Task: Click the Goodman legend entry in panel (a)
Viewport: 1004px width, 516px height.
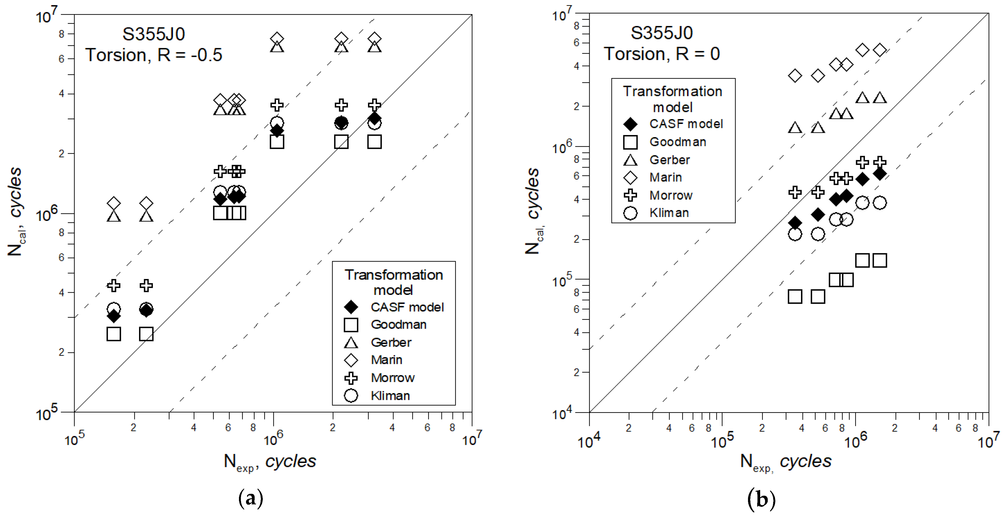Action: click(398, 325)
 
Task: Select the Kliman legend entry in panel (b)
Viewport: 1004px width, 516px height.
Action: click(669, 213)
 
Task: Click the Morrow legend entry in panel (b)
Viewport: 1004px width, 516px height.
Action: click(670, 195)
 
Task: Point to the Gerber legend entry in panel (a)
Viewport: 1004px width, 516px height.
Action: click(391, 343)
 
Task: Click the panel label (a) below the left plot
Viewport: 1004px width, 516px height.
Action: click(251, 498)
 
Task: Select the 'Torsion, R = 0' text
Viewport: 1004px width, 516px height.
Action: click(661, 54)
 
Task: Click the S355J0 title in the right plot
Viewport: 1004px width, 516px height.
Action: click(661, 33)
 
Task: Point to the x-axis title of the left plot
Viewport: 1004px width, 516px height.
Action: click(270, 462)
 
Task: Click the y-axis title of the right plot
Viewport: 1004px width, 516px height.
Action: click(533, 211)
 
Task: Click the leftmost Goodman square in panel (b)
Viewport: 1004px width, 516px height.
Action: click(795, 297)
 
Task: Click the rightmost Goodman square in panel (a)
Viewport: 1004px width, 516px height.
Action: click(374, 142)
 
